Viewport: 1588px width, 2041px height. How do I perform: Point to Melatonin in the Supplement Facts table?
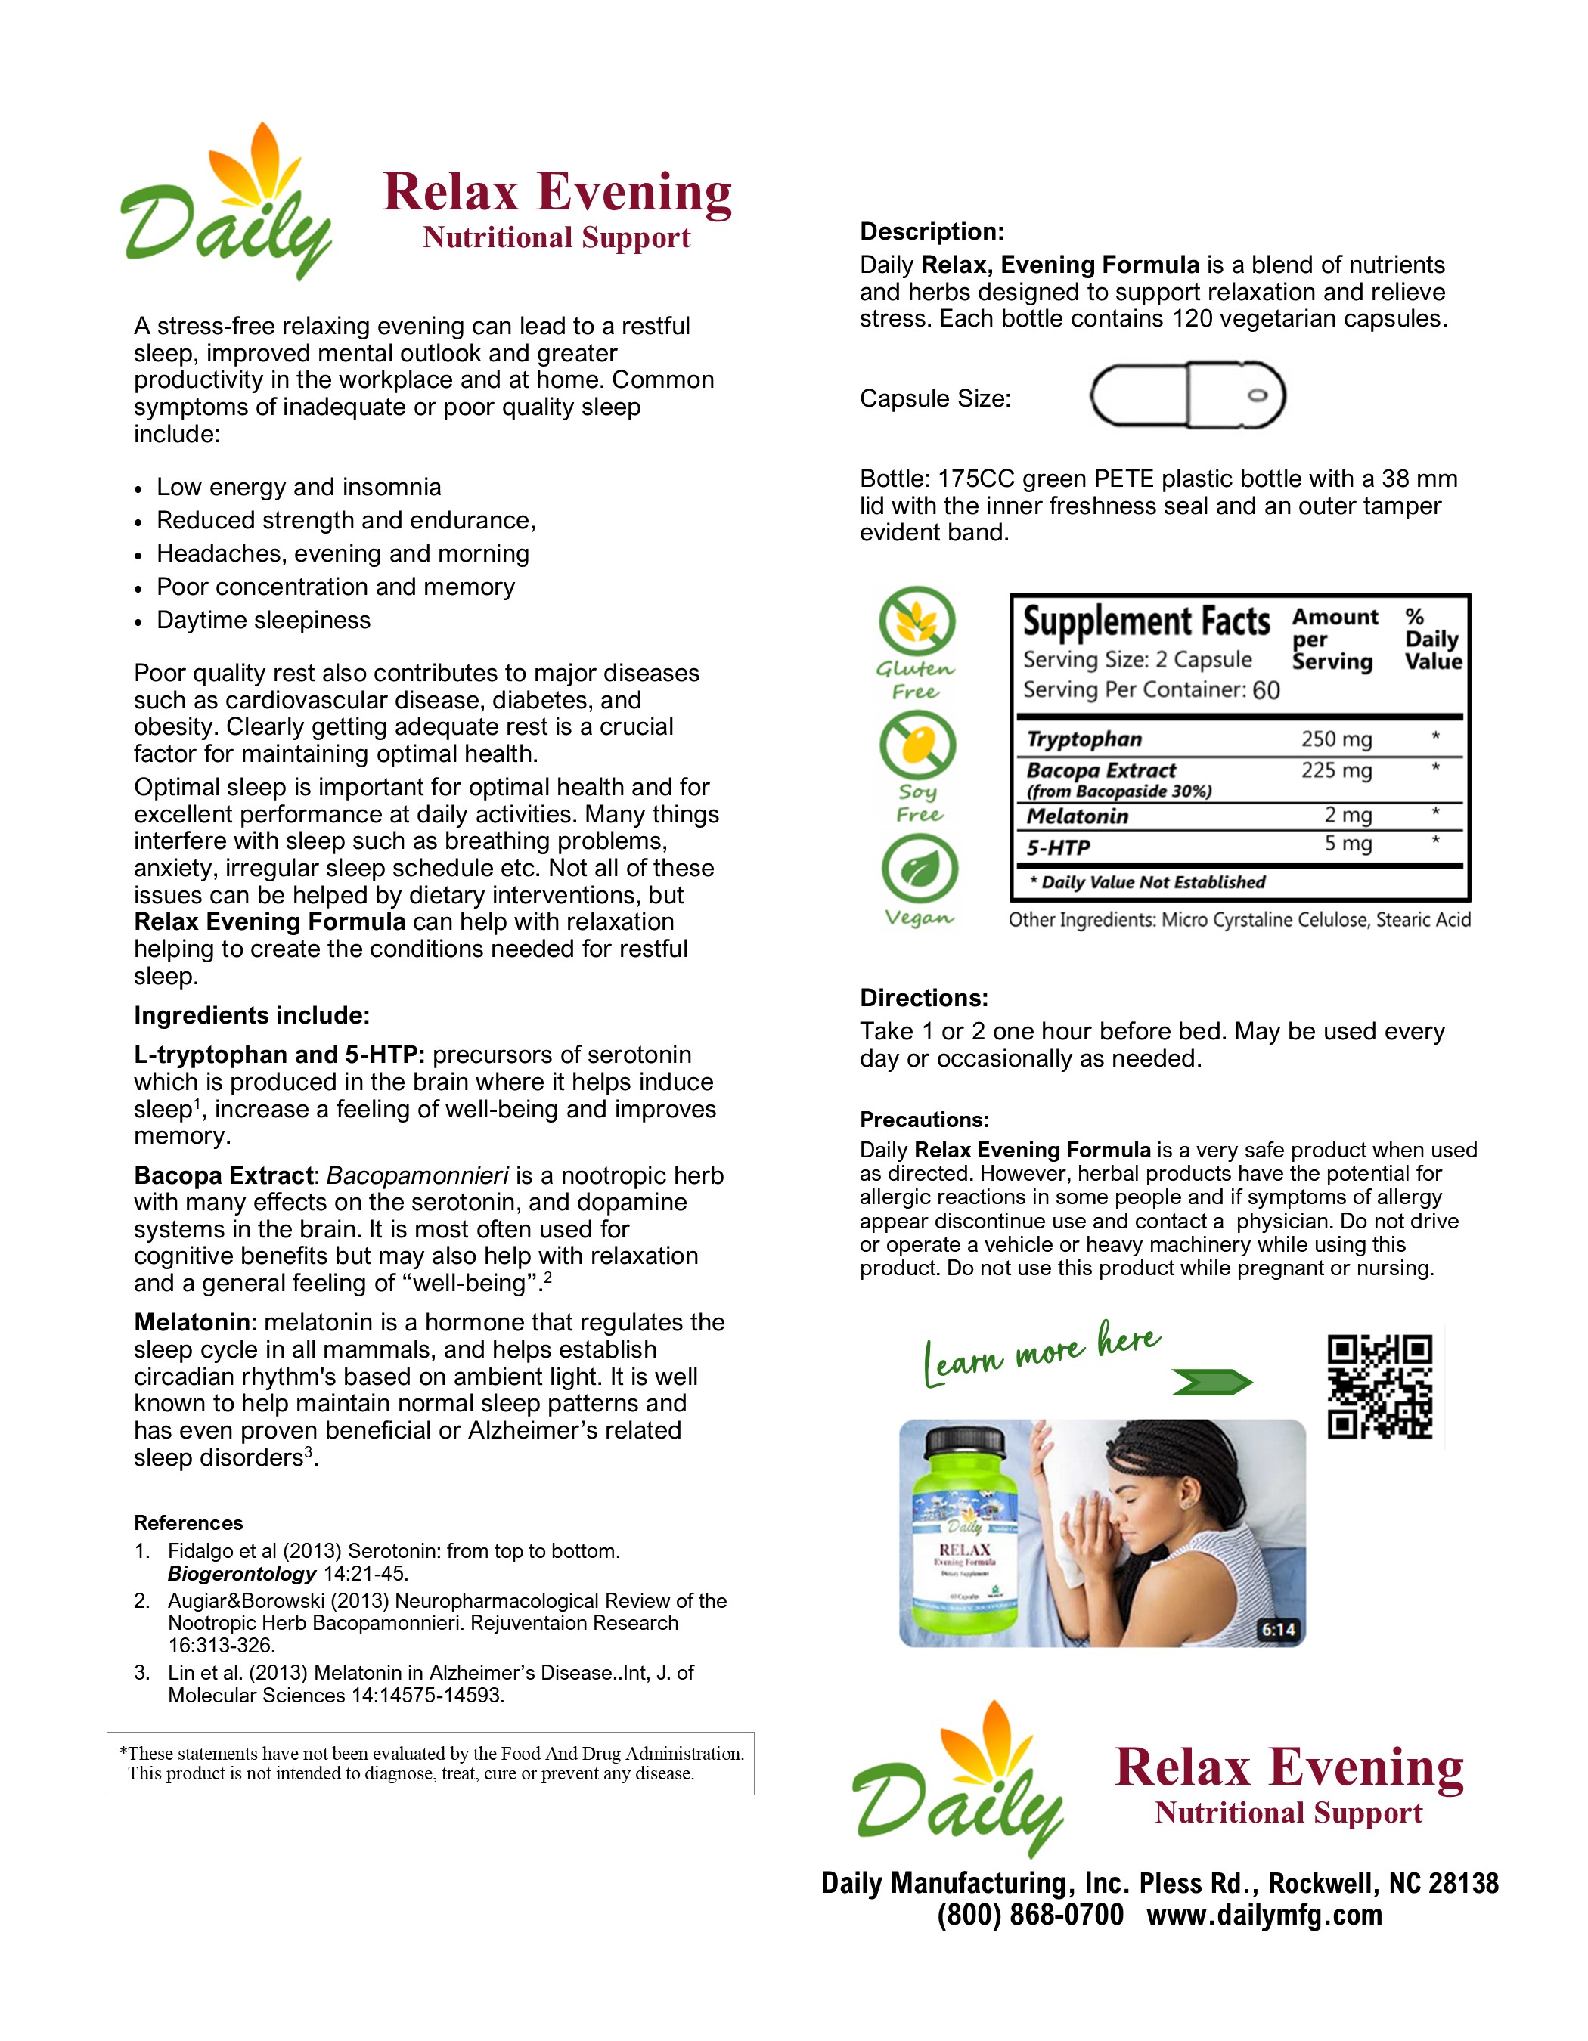[x=1078, y=816]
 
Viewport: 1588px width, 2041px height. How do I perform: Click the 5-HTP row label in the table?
[x=1058, y=847]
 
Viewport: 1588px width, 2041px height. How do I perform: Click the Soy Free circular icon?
[x=917, y=745]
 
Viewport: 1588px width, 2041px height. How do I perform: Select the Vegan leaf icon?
[x=919, y=869]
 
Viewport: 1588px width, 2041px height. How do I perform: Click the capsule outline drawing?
[x=1187, y=395]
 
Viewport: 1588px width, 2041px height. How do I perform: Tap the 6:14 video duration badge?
[x=1278, y=1630]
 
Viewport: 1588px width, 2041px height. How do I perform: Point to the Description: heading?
[x=932, y=232]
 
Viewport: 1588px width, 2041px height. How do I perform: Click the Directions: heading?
[x=923, y=998]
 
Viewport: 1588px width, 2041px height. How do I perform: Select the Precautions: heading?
[x=923, y=1120]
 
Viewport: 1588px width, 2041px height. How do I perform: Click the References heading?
[x=188, y=1522]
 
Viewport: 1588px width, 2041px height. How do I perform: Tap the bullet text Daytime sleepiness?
[x=264, y=621]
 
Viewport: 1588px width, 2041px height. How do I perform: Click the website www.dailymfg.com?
[x=1264, y=1915]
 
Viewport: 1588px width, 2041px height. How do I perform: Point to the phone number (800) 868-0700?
[x=1030, y=1915]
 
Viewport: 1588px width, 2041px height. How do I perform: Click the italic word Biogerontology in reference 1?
[x=242, y=1574]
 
